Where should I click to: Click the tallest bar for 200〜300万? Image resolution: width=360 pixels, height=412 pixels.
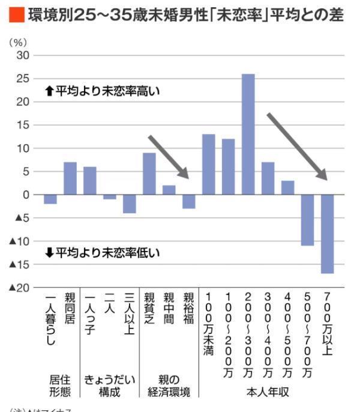coord(248,134)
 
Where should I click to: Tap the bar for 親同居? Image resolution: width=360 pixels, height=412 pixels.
coord(70,178)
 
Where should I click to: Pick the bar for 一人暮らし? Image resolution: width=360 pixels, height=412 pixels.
coord(50,199)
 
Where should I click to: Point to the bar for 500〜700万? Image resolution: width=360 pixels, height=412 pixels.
coord(308,220)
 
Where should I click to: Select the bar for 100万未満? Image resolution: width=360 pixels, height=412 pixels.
coord(209,164)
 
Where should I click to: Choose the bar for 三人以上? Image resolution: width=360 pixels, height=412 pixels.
coord(130,204)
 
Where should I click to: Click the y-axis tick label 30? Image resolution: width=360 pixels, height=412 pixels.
coord(23,55)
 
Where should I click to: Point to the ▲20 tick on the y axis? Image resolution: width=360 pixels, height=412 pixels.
coord(19,288)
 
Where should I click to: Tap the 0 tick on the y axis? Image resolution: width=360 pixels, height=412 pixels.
coord(26,195)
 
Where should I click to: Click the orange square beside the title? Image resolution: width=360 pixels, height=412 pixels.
coord(17,15)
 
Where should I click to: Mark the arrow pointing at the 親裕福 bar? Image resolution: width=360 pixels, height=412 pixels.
coord(169,157)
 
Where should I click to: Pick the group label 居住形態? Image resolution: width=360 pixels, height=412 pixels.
coord(60,386)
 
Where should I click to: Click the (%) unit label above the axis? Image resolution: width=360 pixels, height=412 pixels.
coord(17,42)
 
